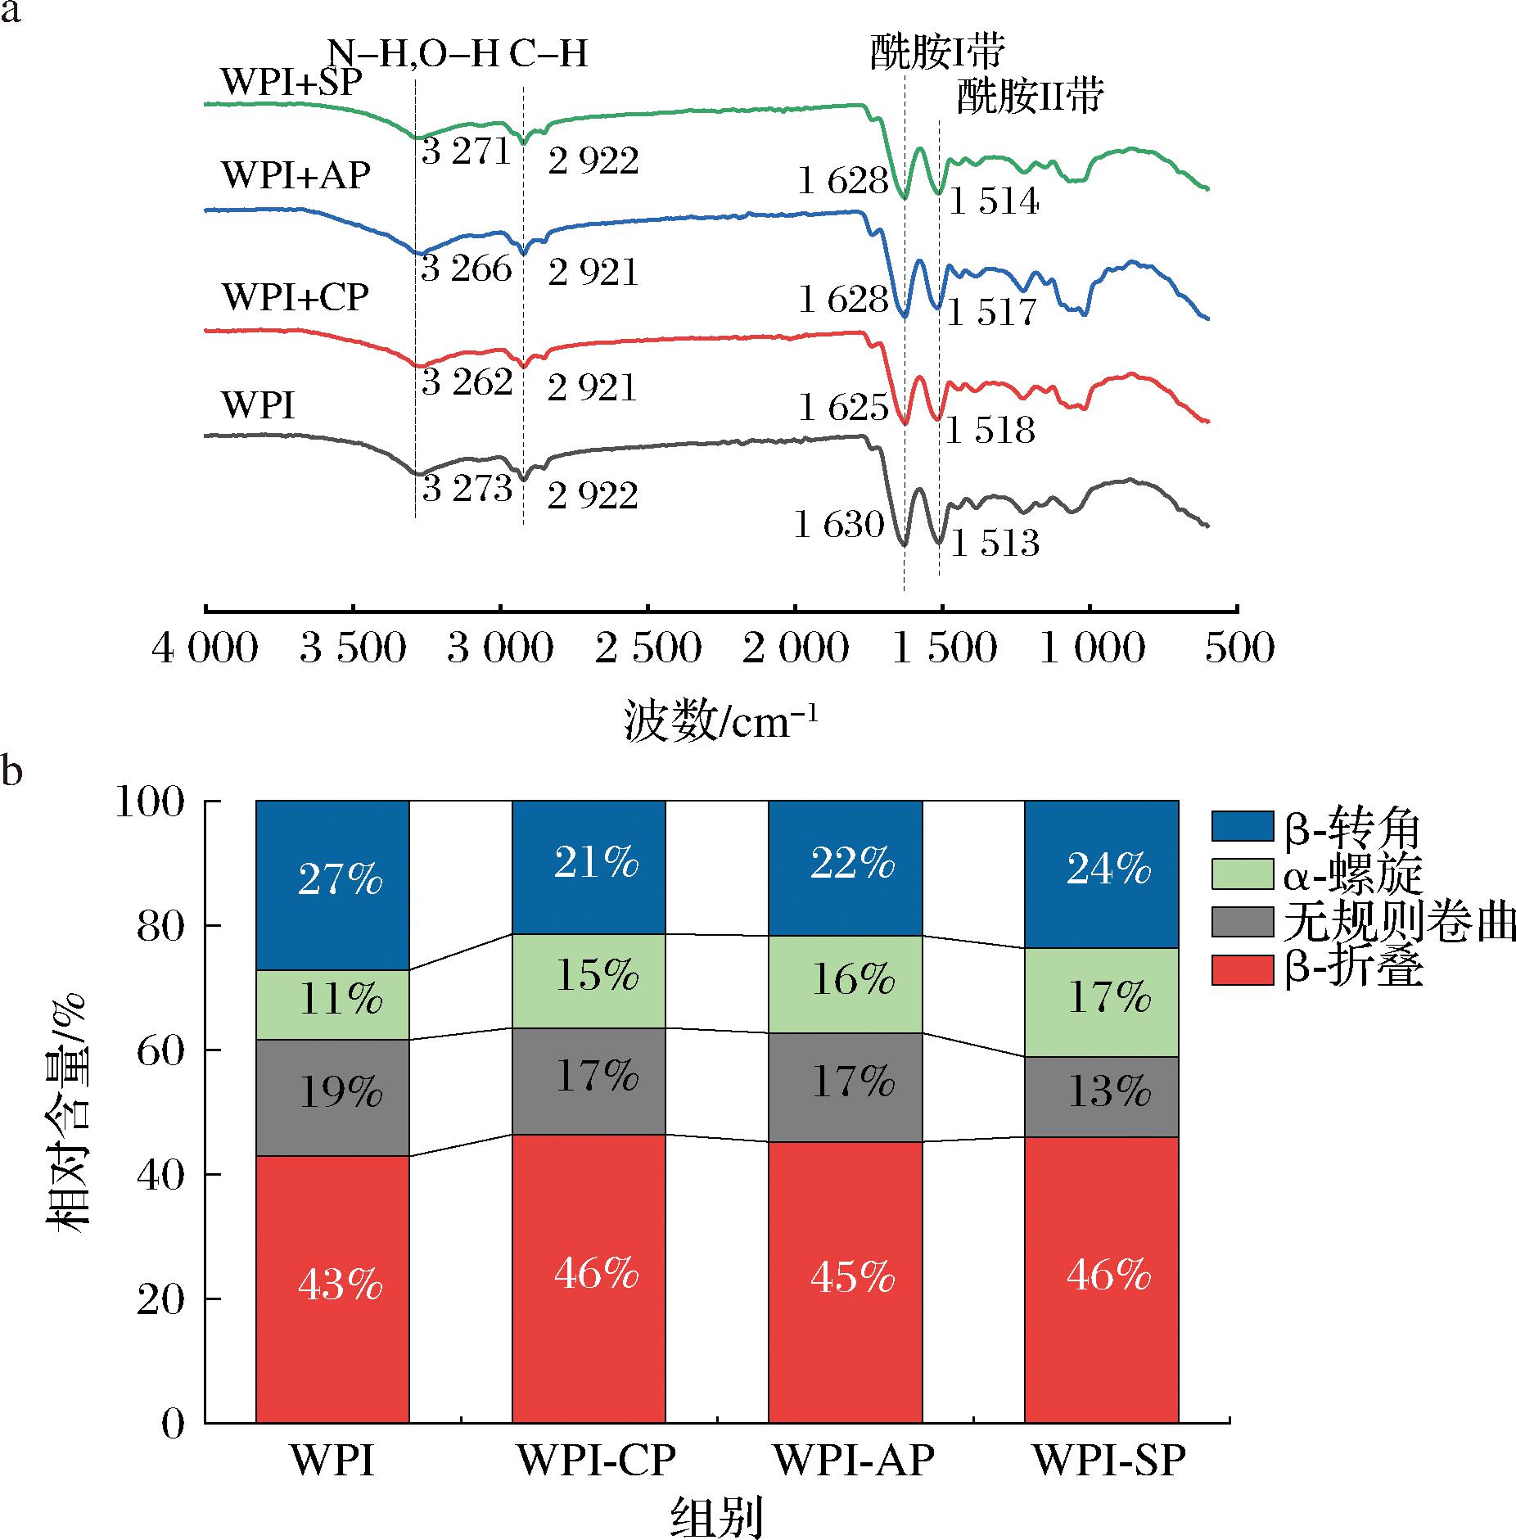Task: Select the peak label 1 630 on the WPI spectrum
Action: click(839, 525)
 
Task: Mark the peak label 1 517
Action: click(992, 313)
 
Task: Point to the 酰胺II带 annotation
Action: click(1031, 97)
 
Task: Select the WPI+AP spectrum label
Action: click(296, 175)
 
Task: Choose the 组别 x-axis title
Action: click(717, 1517)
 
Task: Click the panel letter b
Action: click(11, 772)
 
